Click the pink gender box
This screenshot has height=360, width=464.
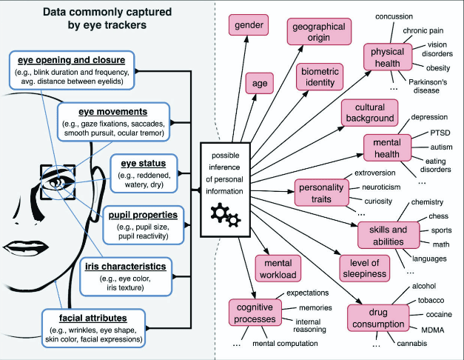[249, 25]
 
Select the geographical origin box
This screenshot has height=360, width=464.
[319, 32]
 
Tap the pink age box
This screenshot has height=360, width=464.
[260, 83]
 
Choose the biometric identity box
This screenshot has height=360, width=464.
[320, 77]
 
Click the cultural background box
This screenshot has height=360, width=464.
[369, 113]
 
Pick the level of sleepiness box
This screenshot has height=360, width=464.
[364, 268]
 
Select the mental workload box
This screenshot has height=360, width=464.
[278, 268]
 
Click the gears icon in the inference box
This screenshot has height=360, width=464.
[226, 215]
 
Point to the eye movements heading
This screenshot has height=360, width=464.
[112, 112]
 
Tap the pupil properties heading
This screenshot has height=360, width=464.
[143, 215]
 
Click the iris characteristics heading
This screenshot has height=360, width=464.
[126, 267]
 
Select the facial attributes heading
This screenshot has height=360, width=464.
[93, 318]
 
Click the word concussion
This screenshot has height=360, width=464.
[394, 16]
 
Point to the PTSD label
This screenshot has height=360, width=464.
[440, 133]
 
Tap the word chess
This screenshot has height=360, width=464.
[439, 216]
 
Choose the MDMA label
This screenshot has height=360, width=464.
[433, 330]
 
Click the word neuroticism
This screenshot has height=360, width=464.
[381, 187]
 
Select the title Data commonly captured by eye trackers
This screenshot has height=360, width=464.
[107, 19]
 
